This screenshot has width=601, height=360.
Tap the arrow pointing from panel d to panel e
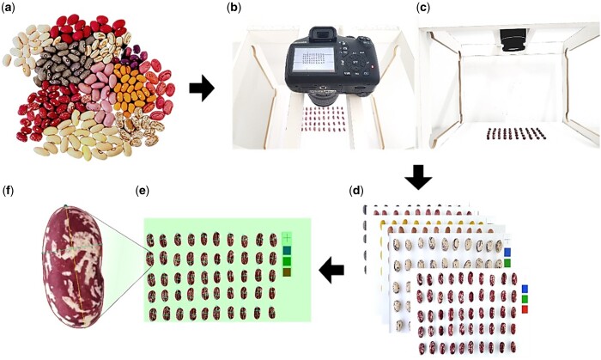(x=331, y=272)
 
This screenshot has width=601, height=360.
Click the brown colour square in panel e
(x=286, y=272)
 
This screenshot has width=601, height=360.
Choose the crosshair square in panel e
(x=286, y=237)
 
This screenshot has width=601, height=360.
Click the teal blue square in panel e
(x=286, y=249)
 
